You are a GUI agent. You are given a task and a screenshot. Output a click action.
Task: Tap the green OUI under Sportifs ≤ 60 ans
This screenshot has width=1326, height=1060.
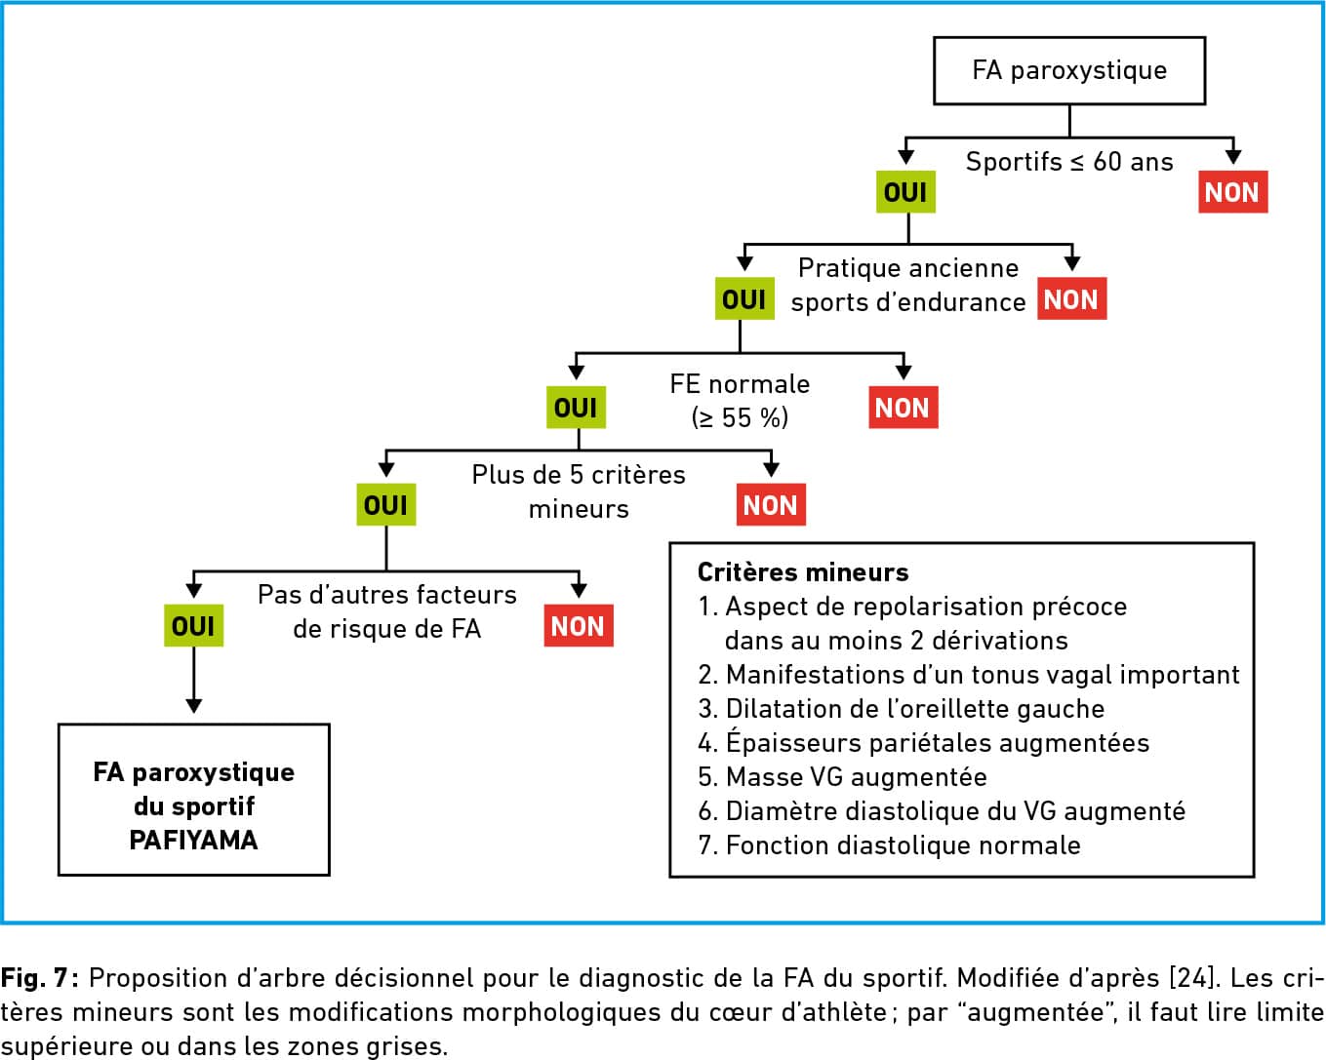pos(905,192)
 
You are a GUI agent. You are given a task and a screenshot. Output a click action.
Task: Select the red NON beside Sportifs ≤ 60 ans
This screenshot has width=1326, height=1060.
pos(1232,192)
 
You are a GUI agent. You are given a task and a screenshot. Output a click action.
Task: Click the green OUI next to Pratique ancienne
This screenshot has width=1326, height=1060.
pos(744,298)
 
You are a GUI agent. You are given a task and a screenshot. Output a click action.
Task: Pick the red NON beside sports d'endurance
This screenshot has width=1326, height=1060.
pos(1071,298)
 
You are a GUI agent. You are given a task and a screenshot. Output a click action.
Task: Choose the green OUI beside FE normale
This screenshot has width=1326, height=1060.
pos(576,407)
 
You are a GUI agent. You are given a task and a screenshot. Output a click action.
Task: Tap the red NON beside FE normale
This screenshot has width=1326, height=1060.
pos(904,407)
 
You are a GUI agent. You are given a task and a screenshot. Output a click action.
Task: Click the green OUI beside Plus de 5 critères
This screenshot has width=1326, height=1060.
pos(385,504)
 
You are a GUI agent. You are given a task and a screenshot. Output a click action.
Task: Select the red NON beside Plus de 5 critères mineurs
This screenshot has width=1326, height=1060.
pos(771,504)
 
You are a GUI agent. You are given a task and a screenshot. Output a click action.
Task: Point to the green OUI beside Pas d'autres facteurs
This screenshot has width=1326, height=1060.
pos(193,626)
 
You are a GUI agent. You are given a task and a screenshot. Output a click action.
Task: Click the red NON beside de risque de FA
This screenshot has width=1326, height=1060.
pos(578,626)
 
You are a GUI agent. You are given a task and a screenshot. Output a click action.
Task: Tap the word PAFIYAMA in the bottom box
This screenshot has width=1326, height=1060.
pos(193,841)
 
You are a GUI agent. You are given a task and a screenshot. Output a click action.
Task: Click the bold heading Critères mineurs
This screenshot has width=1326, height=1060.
pos(803,572)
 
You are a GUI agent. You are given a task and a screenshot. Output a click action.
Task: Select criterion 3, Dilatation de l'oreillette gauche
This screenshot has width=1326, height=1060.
pos(902,709)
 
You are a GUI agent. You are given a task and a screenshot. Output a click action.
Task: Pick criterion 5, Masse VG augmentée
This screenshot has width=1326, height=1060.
pos(842,777)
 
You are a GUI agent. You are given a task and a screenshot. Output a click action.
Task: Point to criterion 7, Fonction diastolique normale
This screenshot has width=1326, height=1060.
pos(889,845)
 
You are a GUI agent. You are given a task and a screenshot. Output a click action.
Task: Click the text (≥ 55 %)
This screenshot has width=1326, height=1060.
pos(740,418)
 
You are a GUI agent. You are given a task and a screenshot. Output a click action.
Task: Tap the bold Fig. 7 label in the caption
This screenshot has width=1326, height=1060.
pos(39,977)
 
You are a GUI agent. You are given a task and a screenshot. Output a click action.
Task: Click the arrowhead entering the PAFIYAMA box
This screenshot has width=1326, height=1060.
pos(193,706)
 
